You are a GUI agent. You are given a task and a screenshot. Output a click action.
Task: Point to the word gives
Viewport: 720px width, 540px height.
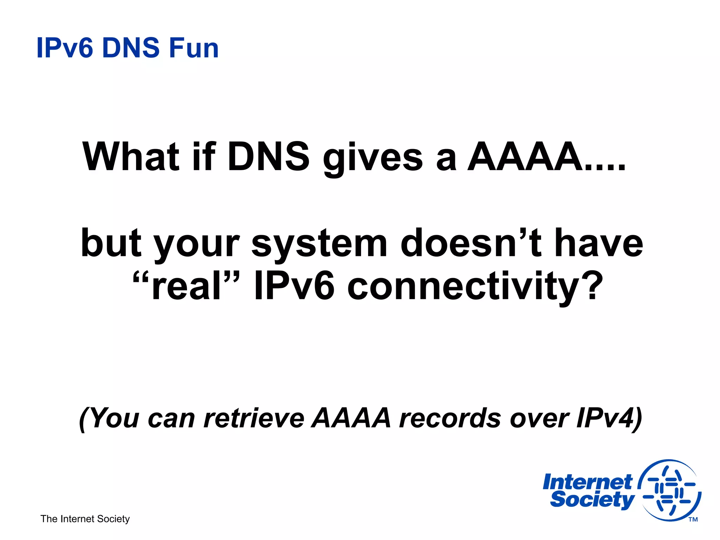tap(373, 158)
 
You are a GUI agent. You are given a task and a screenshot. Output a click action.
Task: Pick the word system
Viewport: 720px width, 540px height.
tap(319, 244)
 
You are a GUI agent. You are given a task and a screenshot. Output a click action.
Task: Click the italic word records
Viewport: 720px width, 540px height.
tap(450, 418)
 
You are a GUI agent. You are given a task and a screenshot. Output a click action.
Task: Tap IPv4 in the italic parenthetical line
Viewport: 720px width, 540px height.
tap(605, 418)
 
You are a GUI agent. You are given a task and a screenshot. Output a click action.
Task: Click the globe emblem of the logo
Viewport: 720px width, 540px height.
tap(670, 490)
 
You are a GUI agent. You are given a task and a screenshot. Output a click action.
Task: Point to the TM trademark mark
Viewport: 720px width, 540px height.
tap(693, 520)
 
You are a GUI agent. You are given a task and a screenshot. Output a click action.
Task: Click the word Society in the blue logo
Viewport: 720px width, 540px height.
tap(592, 500)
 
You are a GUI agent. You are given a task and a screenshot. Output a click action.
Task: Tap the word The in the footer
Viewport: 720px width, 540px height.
tap(49, 519)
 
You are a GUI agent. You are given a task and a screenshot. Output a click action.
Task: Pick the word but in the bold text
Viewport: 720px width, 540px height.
tap(111, 243)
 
